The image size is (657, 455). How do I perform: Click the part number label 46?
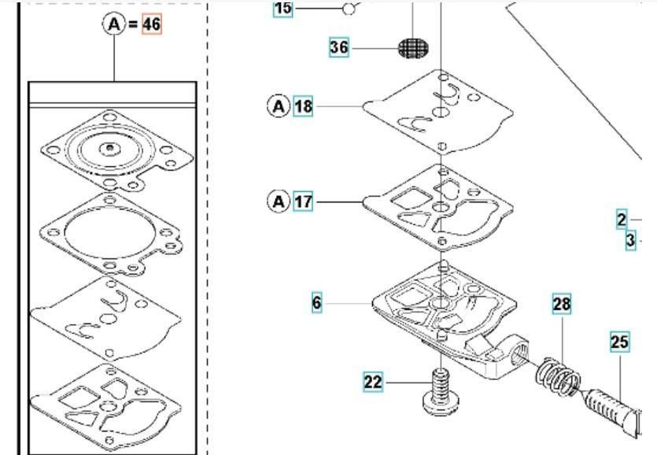tap(151, 24)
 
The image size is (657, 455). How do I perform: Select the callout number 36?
tap(339, 47)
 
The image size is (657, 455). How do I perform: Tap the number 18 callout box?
tap(303, 105)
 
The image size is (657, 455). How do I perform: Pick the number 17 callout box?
tap(303, 202)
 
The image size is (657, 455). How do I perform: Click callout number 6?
tap(316, 301)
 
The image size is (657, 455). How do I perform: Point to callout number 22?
tap(373, 383)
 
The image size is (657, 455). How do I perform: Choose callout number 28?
tap(561, 304)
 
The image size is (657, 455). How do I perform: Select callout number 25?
tap(619, 342)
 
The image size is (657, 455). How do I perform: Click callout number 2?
tap(622, 220)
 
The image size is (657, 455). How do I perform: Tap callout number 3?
tap(630, 241)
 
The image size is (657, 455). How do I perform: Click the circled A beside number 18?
tap(279, 105)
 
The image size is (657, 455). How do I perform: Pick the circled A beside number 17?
tap(279, 202)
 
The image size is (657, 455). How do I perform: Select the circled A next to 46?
tap(115, 24)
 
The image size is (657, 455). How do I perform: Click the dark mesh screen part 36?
tap(415, 49)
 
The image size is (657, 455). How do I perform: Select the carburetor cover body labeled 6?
tap(445, 323)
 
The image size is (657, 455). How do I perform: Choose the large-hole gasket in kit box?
tap(109, 234)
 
